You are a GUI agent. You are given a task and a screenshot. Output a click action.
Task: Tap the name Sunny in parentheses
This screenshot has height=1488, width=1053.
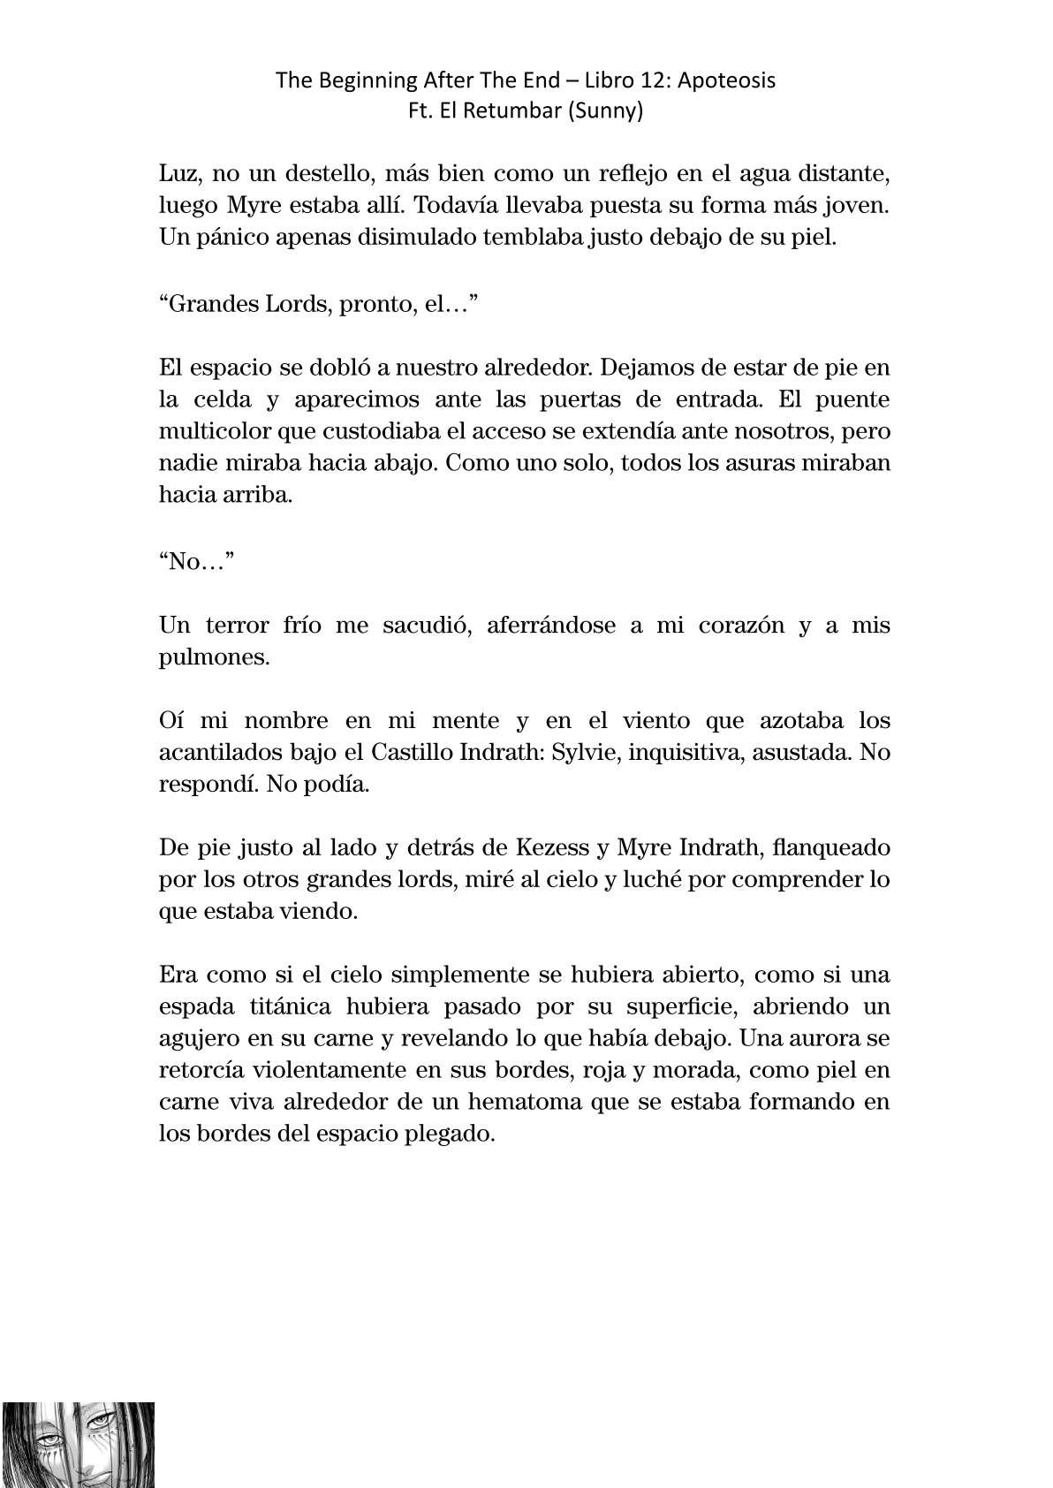pyautogui.click(x=607, y=112)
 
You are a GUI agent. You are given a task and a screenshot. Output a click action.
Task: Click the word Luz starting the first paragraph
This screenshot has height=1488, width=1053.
pyautogui.click(x=179, y=175)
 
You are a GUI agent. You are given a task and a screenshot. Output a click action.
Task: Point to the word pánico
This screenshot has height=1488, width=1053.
pyautogui.click(x=231, y=239)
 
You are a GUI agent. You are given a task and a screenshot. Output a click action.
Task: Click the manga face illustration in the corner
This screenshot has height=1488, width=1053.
pyautogui.click(x=78, y=1444)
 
